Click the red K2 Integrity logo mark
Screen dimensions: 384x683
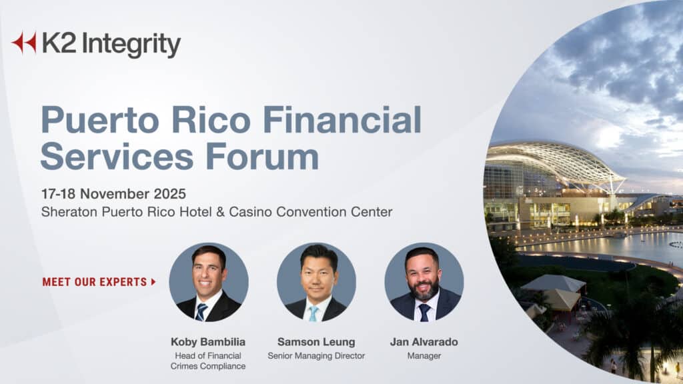23,43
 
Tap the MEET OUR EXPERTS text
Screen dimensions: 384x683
94,282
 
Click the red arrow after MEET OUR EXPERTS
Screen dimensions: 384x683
153,282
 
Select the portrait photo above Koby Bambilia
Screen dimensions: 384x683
208,282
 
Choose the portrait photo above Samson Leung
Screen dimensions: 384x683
316,282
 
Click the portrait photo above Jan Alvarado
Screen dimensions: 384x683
424,282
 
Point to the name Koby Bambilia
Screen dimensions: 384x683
208,342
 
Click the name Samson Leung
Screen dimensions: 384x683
316,342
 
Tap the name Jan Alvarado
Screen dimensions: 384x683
424,342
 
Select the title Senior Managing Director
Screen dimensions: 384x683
316,356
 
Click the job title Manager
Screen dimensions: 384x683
424,356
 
